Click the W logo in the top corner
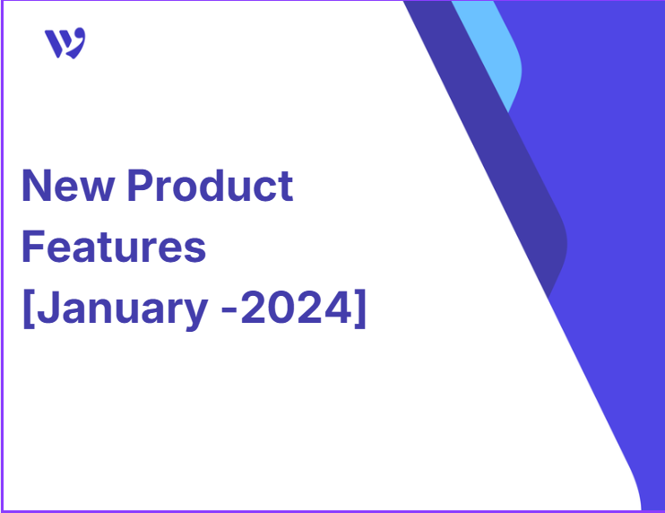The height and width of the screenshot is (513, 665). (x=65, y=43)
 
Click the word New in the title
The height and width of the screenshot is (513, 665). (x=68, y=186)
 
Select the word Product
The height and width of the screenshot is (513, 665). (x=211, y=185)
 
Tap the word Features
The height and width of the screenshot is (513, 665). (x=114, y=247)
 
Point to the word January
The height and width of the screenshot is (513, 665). (x=123, y=309)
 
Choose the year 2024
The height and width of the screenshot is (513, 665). (x=297, y=308)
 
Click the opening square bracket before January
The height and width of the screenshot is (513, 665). (x=29, y=309)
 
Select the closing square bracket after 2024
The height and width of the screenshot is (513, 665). (x=359, y=309)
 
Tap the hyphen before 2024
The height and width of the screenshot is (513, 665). (x=229, y=311)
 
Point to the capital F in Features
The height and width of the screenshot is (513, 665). (x=32, y=247)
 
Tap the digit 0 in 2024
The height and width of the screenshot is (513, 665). (x=282, y=308)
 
